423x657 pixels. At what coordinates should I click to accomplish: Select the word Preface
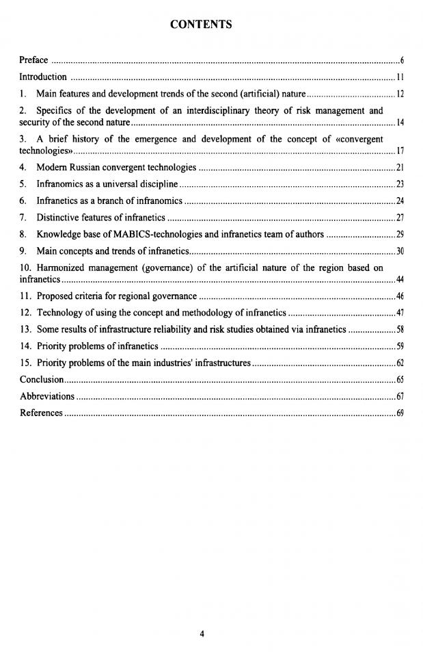[33, 60]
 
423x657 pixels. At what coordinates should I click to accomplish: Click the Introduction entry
[43, 77]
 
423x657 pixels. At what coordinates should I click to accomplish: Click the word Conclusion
[42, 378]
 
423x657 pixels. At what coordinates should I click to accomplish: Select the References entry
[41, 412]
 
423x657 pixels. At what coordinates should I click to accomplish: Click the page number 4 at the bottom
[202, 633]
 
